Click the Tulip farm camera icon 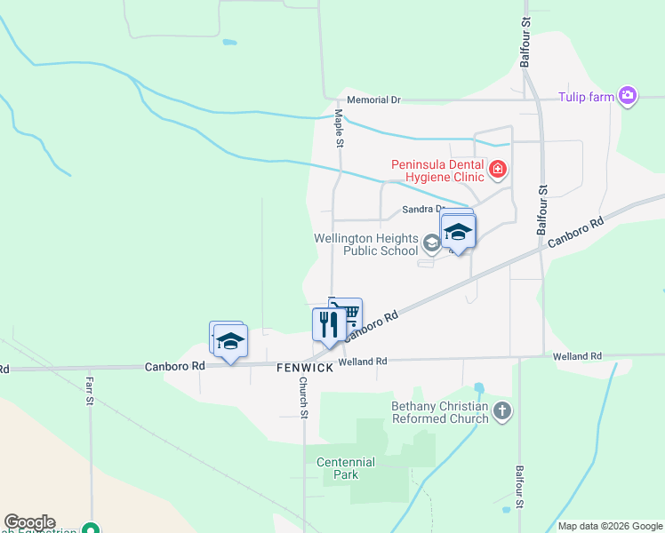point(628,96)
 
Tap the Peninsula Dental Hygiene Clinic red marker point(498,168)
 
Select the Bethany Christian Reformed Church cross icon point(502,410)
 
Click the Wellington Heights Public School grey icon point(431,243)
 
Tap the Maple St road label point(339,128)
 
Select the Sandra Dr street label point(421,210)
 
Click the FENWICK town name point(304,366)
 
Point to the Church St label point(303,398)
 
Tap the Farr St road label point(90,391)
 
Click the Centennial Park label point(347,468)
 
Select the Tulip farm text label point(586,97)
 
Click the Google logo point(29,522)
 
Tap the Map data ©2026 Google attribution point(611,526)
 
